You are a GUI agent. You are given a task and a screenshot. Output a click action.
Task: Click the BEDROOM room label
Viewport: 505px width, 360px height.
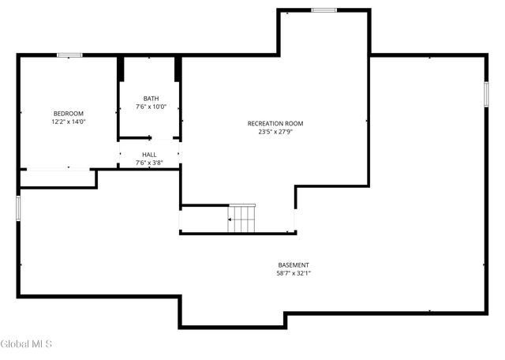coord(68,114)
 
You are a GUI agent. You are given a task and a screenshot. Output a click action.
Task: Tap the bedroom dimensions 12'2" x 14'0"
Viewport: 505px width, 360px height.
coord(68,122)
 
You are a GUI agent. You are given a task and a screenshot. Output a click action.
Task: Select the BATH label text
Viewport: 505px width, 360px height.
coord(150,99)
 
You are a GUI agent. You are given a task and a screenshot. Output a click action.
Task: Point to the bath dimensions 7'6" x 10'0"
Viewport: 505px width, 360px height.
coord(150,107)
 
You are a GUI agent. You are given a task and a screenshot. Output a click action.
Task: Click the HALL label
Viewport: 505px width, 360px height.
coord(149,155)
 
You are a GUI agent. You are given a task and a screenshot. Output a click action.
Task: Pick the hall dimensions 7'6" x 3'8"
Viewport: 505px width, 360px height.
coord(149,163)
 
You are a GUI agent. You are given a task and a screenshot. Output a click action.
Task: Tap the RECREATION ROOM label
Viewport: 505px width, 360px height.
coord(275,123)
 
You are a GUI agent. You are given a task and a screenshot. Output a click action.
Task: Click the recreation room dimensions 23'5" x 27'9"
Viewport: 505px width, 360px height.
coord(275,132)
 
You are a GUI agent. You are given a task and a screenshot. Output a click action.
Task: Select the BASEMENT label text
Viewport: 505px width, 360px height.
coord(294,264)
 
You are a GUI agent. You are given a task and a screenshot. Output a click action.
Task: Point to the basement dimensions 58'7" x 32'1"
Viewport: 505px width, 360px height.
coord(294,273)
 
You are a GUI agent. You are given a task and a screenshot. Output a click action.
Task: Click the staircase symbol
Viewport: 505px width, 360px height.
coord(243,219)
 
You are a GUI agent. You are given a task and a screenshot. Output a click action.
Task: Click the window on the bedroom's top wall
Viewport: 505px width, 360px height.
coord(69,54)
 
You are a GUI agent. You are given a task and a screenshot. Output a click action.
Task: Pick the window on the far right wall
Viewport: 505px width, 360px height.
coord(485,93)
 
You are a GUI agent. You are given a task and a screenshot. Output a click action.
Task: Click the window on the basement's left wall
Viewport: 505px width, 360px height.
coord(19,208)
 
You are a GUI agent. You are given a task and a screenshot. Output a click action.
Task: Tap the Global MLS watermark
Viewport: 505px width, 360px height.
coord(25,344)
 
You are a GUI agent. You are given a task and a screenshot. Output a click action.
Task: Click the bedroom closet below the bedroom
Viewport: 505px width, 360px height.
coord(58,178)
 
